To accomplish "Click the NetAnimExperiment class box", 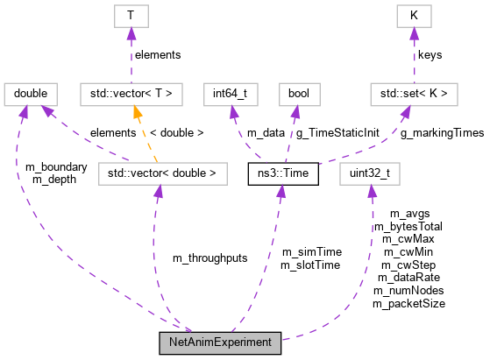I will (220, 342).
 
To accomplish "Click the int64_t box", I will (231, 92).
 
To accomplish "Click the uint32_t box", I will (371, 173).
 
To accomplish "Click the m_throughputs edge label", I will (209, 258).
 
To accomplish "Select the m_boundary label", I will (56, 167).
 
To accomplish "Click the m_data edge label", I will (266, 133).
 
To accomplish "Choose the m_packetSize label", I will (408, 303).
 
